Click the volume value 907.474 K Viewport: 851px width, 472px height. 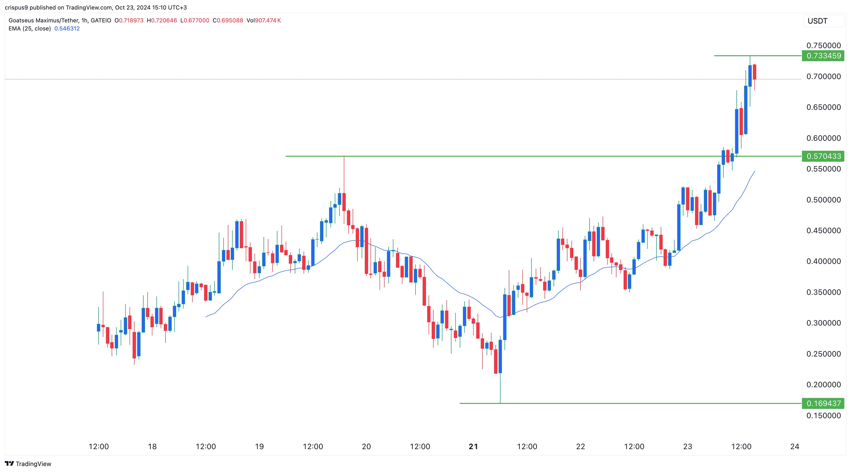(268, 20)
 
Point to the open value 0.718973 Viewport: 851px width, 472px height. (131, 20)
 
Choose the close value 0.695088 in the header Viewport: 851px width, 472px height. (230, 20)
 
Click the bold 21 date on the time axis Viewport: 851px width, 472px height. (473, 447)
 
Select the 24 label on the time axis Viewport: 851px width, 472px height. (795, 447)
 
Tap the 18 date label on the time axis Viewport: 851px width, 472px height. (152, 447)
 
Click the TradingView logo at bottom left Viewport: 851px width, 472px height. (28, 464)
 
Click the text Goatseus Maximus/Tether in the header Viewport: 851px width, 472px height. (44, 20)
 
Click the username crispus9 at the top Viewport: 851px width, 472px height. (16, 8)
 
